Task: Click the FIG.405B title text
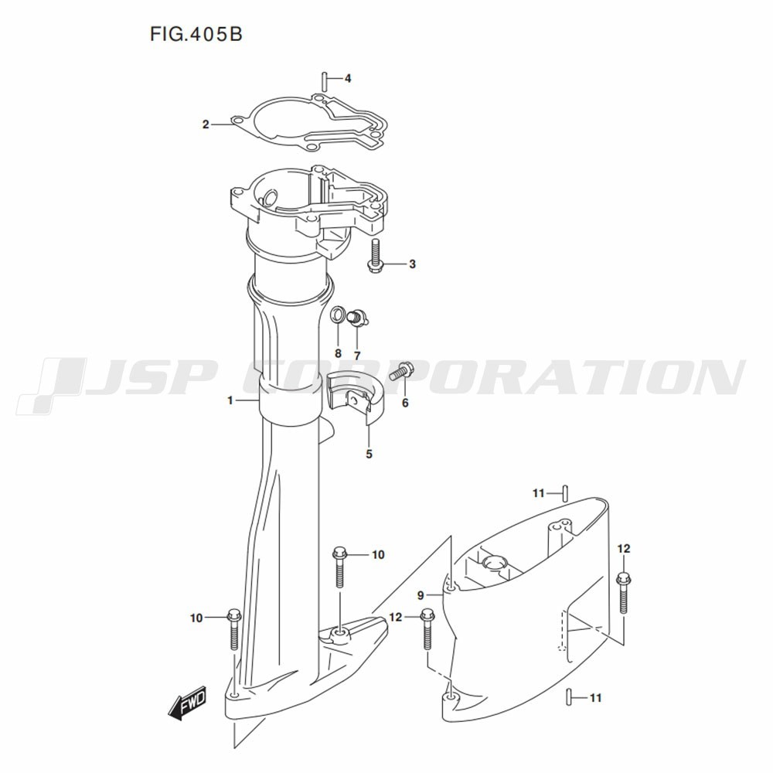click(x=196, y=35)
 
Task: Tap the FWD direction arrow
click(x=188, y=703)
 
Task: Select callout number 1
click(x=230, y=400)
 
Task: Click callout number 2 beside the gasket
click(x=206, y=124)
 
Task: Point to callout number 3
click(x=412, y=264)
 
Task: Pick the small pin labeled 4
click(x=325, y=80)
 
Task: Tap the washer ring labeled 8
click(x=338, y=314)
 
